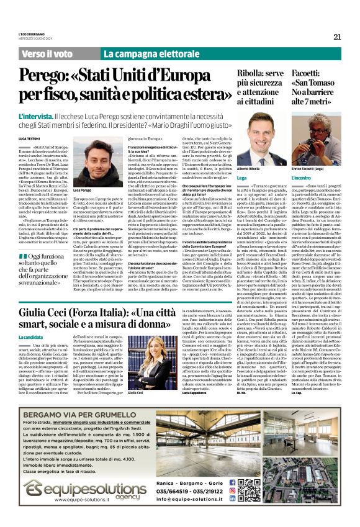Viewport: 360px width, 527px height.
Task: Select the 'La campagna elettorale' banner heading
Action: point(149,54)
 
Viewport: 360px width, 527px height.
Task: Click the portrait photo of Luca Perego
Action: point(90,160)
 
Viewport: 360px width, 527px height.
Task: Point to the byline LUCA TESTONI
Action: point(29,137)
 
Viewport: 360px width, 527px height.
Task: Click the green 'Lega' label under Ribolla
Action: point(242,178)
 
